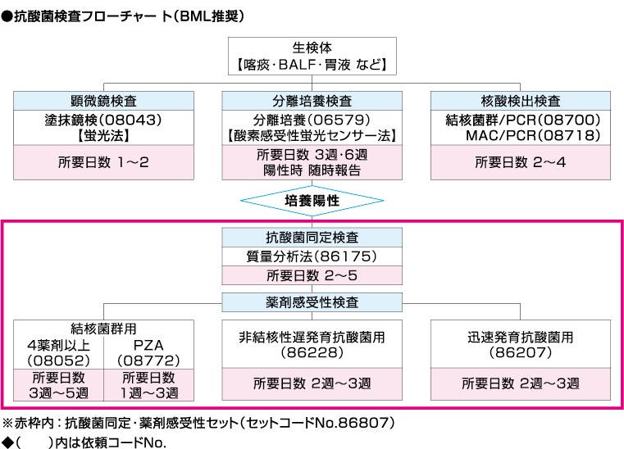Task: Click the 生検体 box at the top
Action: (x=312, y=55)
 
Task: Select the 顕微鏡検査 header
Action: (x=104, y=101)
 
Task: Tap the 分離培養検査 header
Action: (x=312, y=101)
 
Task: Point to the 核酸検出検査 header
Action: (x=521, y=101)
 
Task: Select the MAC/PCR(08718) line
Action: (x=534, y=134)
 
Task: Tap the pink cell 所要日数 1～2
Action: (x=104, y=162)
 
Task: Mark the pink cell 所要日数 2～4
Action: (x=521, y=162)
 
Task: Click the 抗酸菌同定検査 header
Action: (x=312, y=238)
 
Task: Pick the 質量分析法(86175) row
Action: (x=312, y=256)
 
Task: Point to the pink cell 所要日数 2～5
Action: (x=312, y=275)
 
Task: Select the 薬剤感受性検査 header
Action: (x=312, y=302)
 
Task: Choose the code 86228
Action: (x=312, y=353)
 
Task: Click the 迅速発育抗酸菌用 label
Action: (x=521, y=337)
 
